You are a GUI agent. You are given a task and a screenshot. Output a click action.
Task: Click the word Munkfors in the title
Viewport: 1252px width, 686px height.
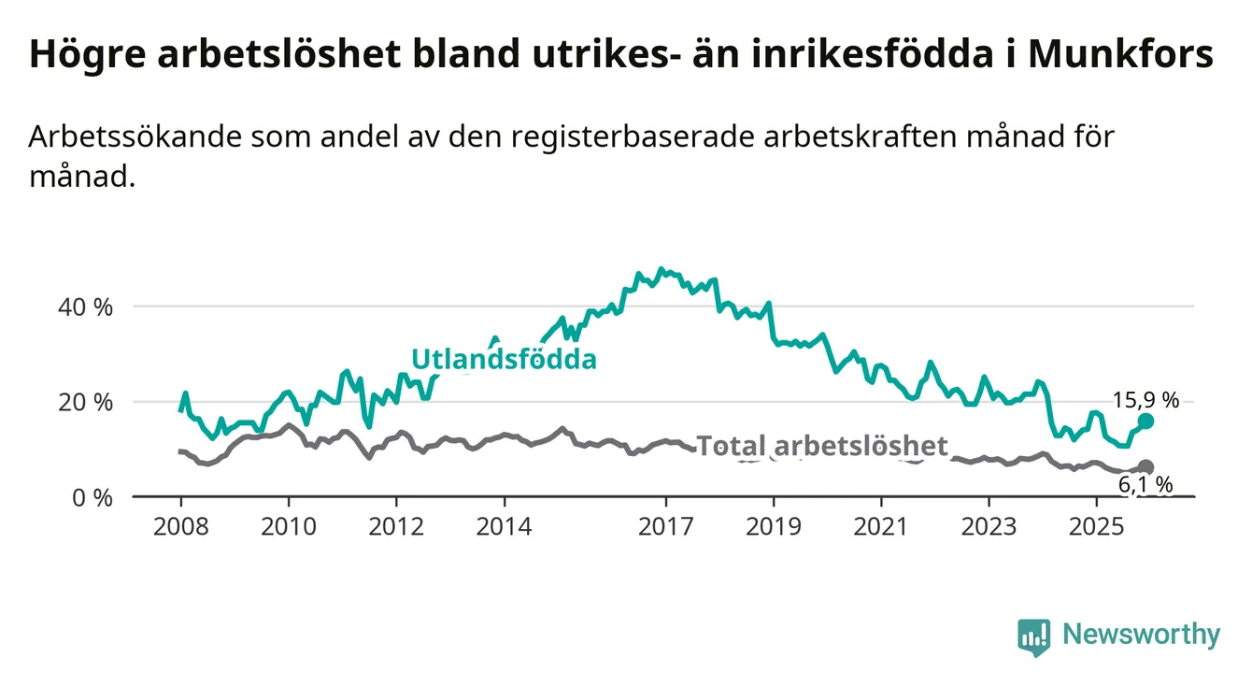click(x=1120, y=54)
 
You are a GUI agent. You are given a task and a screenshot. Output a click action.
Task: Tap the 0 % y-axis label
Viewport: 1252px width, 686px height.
click(x=93, y=497)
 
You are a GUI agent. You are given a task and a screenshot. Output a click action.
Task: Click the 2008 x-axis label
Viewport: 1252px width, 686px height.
click(x=180, y=526)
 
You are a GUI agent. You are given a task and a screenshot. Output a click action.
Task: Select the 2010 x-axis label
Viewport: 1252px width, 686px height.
click(x=289, y=526)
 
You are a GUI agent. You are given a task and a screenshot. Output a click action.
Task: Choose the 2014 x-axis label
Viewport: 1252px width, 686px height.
click(x=505, y=526)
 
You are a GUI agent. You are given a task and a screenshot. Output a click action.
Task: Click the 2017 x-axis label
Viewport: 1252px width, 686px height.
click(x=666, y=526)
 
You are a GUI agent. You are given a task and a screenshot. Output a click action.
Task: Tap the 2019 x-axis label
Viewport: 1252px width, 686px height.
click(x=774, y=526)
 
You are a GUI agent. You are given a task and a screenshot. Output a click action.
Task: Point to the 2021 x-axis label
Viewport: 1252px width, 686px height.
click(x=882, y=526)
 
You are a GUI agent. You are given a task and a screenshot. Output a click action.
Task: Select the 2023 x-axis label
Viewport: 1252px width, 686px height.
click(x=989, y=526)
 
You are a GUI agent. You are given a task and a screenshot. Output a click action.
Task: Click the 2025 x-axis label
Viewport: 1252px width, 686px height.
click(x=1097, y=526)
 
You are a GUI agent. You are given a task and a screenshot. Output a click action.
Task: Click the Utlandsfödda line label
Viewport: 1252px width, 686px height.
click(x=504, y=360)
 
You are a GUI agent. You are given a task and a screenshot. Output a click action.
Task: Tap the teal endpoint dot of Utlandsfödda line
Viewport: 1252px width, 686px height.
click(x=1145, y=422)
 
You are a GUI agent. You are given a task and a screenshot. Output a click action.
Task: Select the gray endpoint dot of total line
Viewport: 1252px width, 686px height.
click(x=1145, y=467)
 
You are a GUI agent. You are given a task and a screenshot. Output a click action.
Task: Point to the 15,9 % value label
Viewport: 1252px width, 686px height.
click(x=1145, y=400)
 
